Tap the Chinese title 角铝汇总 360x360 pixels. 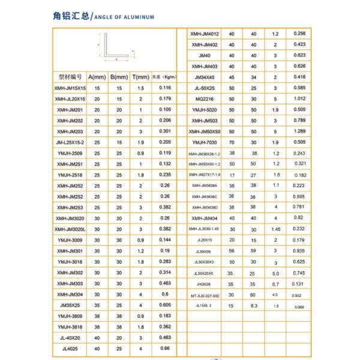[x=70, y=16]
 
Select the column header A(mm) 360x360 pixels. [x=97, y=77]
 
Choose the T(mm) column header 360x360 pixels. [x=140, y=77]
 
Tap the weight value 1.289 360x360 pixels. [x=301, y=131]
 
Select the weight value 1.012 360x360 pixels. [x=301, y=99]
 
